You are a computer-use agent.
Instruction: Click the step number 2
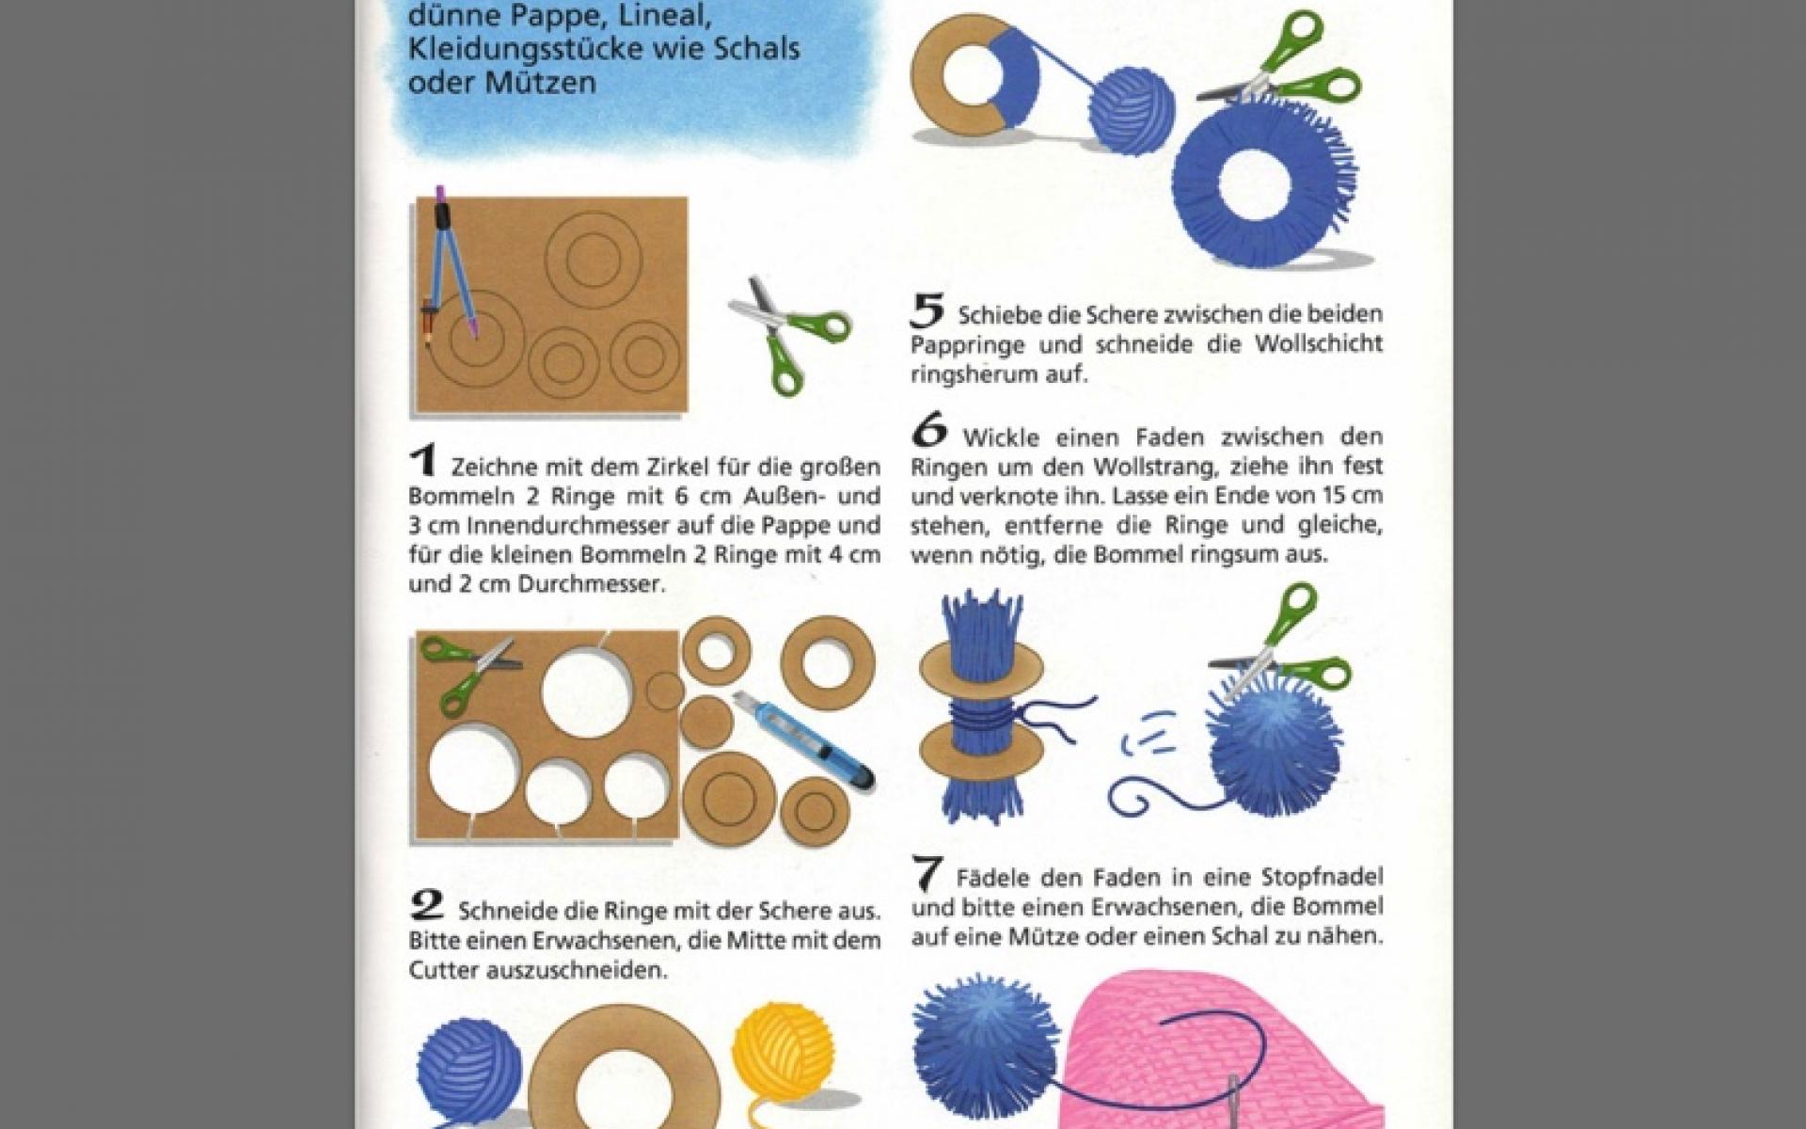[x=427, y=905]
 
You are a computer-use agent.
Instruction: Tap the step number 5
[x=927, y=310]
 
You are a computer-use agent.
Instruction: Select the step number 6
[x=929, y=432]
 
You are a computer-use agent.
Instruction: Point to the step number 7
[x=927, y=874]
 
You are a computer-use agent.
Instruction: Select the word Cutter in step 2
[x=445, y=971]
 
